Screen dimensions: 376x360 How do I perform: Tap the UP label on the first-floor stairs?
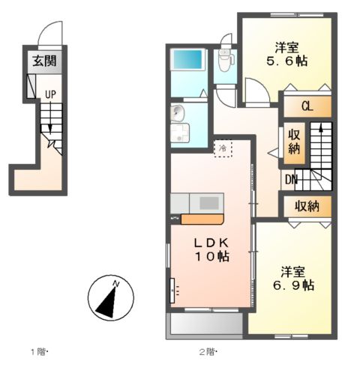(x=49, y=94)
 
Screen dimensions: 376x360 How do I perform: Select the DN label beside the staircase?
(x=290, y=179)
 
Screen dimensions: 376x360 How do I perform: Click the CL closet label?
(x=307, y=106)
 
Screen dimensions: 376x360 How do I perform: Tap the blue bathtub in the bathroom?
(x=187, y=60)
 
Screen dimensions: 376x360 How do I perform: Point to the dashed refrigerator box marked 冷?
(x=223, y=148)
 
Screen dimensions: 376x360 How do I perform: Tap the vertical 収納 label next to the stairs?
(x=294, y=142)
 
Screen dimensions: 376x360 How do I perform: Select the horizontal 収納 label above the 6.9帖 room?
(x=306, y=205)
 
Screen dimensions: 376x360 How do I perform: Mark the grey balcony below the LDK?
(x=205, y=324)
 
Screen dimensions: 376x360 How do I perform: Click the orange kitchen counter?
(x=201, y=219)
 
